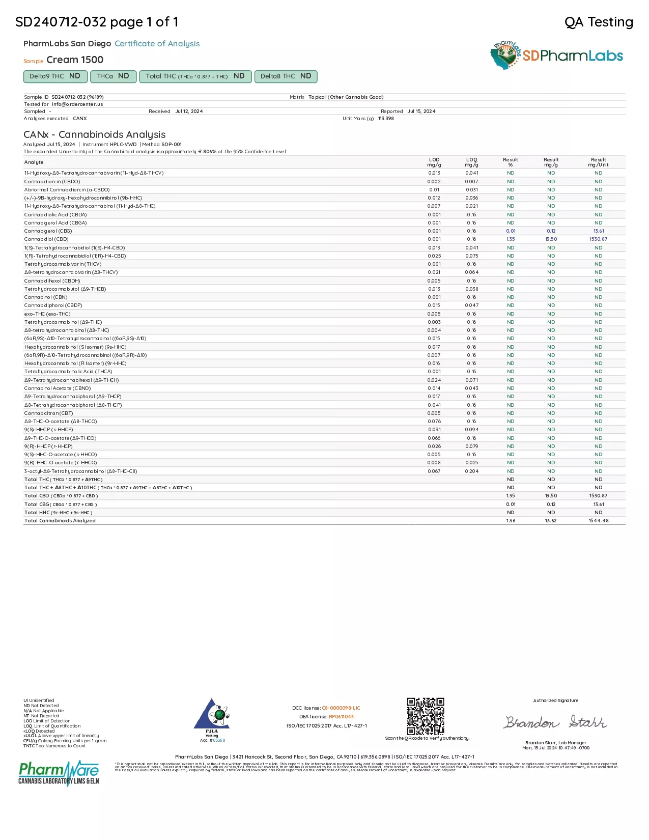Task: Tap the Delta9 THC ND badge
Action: click(54, 76)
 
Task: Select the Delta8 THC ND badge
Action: click(286, 76)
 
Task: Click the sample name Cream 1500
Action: click(75, 60)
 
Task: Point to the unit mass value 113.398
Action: click(386, 119)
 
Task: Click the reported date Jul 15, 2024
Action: click(421, 111)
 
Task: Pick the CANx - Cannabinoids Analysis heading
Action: click(95, 134)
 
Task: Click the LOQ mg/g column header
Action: click(471, 162)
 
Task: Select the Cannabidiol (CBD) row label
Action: click(46, 239)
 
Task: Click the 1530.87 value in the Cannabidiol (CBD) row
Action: click(598, 239)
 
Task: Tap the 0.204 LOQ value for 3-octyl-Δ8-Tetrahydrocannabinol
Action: click(471, 471)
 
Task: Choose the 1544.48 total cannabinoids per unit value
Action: click(598, 521)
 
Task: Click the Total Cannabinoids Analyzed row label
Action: click(60, 521)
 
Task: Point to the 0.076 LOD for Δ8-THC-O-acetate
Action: click(434, 422)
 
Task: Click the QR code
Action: click(426, 716)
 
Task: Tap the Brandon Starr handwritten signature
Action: click(555, 722)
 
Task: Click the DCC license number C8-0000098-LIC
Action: click(341, 708)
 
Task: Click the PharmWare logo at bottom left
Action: click(59, 773)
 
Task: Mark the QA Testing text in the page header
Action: click(599, 22)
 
